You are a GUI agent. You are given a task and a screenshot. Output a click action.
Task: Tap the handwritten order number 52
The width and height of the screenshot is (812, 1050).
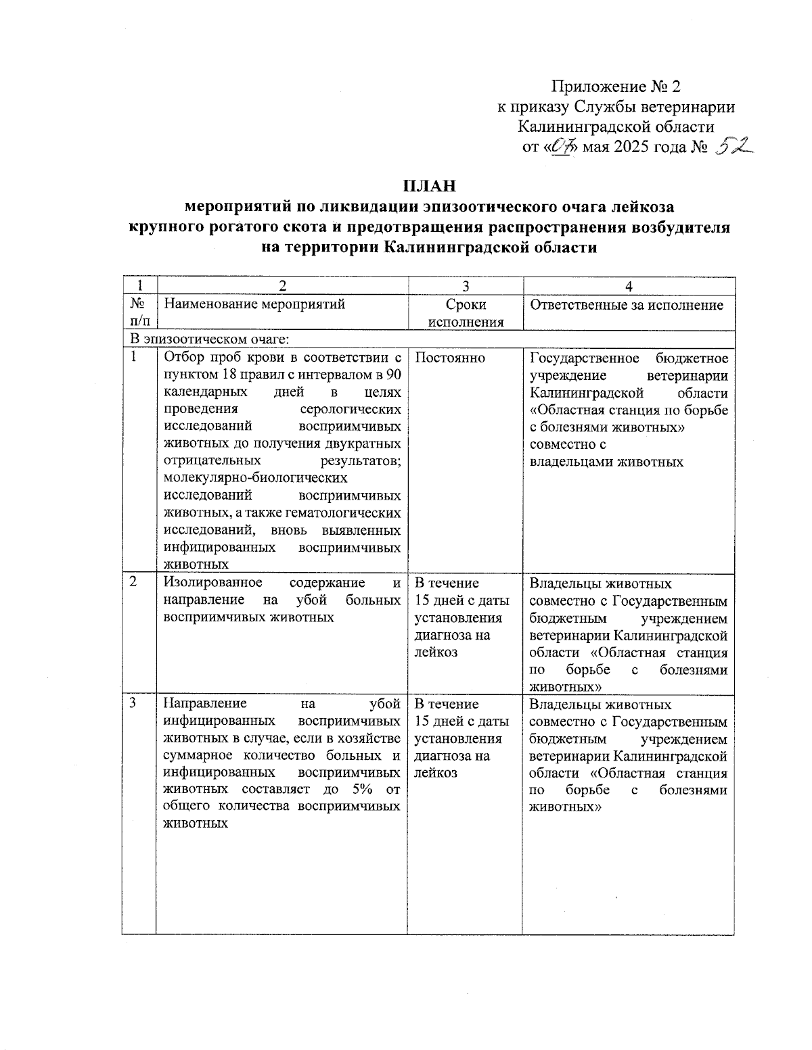tap(733, 145)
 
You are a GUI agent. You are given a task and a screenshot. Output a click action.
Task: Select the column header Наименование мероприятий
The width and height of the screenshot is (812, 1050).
tap(254, 304)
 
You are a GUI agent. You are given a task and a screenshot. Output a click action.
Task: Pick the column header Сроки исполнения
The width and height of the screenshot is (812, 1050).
tap(466, 313)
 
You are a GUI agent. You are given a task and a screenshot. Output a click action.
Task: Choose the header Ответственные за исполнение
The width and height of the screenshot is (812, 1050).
tap(627, 305)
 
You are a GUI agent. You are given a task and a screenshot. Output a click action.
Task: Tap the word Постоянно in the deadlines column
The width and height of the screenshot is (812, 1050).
tap(449, 358)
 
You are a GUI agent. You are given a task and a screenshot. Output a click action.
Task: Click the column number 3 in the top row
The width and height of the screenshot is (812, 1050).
tap(466, 286)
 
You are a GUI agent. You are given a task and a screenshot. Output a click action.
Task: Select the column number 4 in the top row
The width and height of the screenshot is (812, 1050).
tap(629, 286)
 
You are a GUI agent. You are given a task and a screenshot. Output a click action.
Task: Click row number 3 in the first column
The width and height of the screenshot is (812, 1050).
tap(133, 703)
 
